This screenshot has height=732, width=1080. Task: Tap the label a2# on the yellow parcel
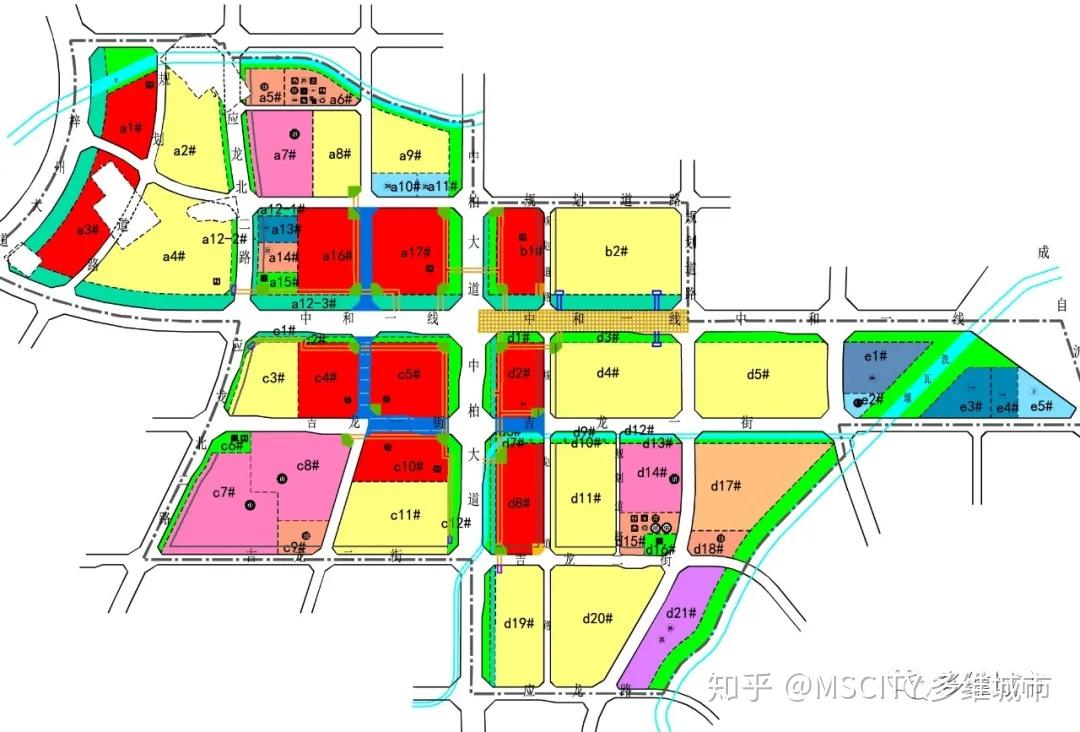182,151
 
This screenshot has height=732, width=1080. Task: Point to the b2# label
615,251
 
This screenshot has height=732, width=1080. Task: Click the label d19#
518,624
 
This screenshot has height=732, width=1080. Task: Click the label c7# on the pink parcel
225,491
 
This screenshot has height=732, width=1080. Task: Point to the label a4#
173,257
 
